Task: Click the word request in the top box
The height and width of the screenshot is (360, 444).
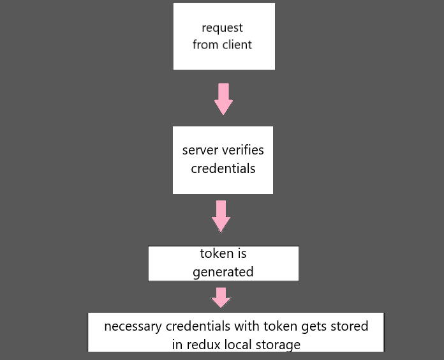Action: click(223, 29)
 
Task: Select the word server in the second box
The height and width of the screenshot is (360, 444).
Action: click(200, 151)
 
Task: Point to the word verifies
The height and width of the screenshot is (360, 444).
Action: click(243, 151)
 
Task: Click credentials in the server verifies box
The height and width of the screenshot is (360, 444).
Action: click(223, 169)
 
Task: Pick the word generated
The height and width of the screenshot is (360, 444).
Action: click(223, 272)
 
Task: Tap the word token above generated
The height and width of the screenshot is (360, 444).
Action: click(217, 253)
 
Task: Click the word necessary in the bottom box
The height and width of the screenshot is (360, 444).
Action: click(133, 326)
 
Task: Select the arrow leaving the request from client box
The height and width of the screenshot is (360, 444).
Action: click(223, 99)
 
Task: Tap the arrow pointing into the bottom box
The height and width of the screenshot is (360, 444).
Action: click(221, 297)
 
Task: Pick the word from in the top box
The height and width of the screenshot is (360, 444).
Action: click(205, 45)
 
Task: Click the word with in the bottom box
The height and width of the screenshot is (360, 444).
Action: click(246, 326)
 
